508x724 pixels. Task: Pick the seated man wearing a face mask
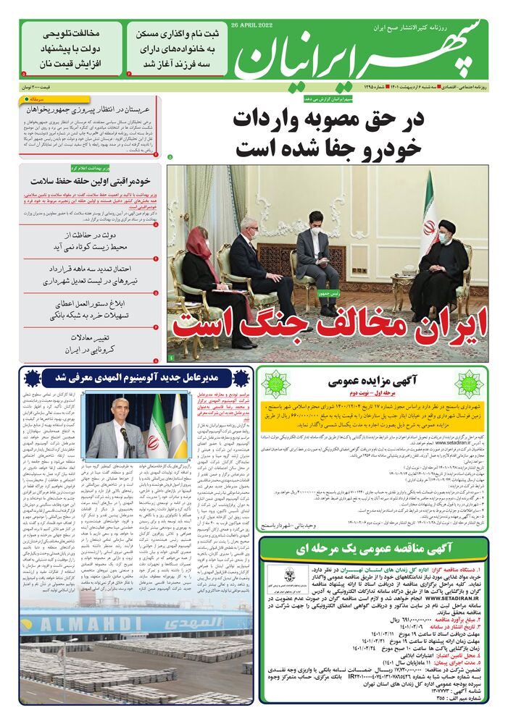317,251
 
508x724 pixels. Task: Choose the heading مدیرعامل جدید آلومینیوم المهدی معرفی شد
136,377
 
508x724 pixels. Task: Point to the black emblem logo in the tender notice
278,576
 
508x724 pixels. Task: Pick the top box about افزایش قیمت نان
71,49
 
